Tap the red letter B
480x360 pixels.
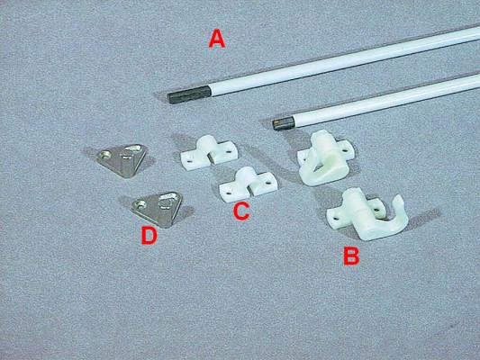coord(351,256)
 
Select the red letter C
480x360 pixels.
coord(241,211)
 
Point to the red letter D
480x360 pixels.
coord(149,236)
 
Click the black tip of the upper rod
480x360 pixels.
coord(189,94)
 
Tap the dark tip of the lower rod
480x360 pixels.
coord(283,122)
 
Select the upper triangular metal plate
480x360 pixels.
coord(122,159)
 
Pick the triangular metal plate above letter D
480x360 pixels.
coord(158,209)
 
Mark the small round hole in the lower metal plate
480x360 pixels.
coord(140,204)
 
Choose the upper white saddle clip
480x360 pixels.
coord(209,152)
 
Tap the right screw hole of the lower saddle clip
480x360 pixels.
coord(268,183)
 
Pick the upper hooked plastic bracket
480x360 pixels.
coord(325,157)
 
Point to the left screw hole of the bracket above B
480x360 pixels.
coord(337,219)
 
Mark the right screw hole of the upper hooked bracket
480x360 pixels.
coord(346,151)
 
